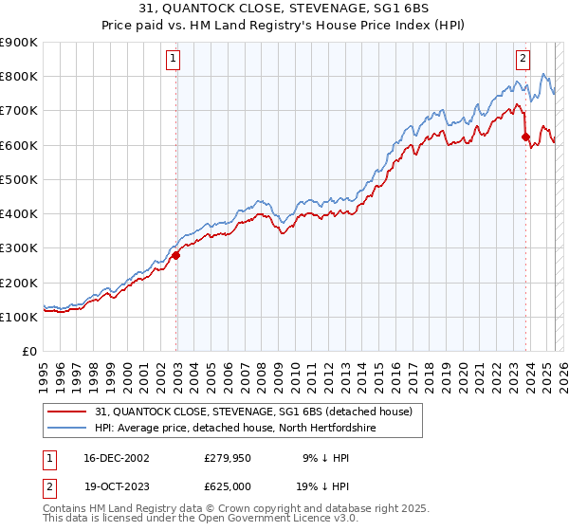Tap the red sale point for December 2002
click(175, 255)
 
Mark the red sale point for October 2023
click(525, 137)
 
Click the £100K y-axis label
click(19, 317)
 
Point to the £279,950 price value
click(227, 458)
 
